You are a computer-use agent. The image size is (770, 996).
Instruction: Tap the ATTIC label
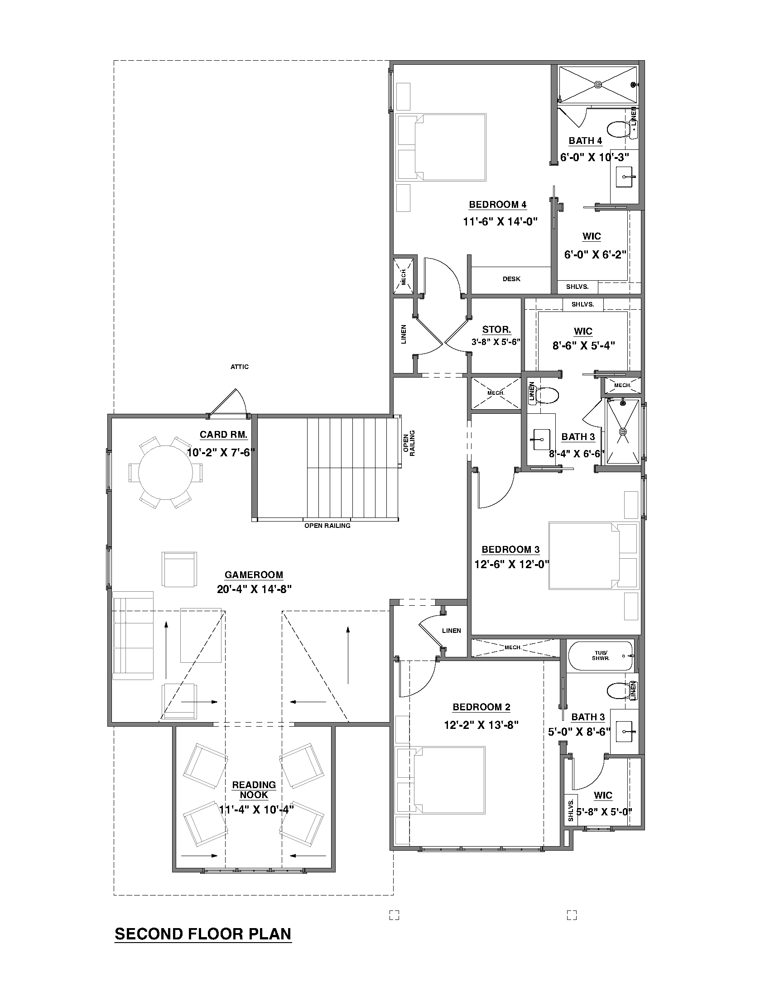click(x=239, y=367)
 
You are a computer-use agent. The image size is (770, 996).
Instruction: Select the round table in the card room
click(x=166, y=472)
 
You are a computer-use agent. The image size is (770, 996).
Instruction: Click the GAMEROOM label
click(x=254, y=575)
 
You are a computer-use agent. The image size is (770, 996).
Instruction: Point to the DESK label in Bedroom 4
click(x=511, y=278)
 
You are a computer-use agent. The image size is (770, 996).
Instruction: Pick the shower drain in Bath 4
click(x=598, y=84)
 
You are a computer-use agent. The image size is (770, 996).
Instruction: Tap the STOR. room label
click(x=496, y=330)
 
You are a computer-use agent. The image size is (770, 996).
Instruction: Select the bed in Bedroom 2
click(x=440, y=780)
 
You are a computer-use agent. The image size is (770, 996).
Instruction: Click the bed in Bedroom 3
click(x=593, y=556)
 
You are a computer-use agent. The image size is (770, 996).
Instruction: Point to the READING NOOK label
click(x=254, y=790)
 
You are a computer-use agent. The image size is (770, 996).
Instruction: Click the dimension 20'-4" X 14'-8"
click(x=254, y=589)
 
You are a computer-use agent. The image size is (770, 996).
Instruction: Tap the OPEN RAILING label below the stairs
click(x=327, y=526)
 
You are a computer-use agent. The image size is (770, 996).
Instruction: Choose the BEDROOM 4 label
click(x=497, y=205)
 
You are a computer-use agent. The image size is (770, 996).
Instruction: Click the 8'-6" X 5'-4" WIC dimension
click(x=583, y=346)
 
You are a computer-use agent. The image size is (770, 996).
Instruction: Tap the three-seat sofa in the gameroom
click(x=133, y=635)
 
